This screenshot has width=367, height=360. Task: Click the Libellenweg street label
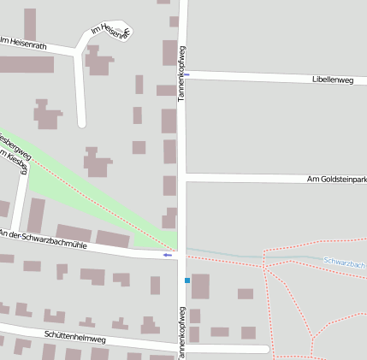click(x=334, y=80)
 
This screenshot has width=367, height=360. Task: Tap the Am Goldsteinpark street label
click(x=336, y=179)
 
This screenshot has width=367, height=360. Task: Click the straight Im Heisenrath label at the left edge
click(x=23, y=41)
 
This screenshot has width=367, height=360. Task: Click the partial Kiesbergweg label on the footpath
click(x=16, y=145)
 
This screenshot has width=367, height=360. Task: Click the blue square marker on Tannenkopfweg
click(x=186, y=280)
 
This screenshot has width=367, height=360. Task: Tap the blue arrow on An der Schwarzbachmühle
click(x=169, y=255)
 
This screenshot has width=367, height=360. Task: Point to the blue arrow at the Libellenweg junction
click(x=188, y=74)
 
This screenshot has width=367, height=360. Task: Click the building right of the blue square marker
click(x=200, y=286)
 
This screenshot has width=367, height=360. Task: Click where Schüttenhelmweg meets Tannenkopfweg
click(x=181, y=347)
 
